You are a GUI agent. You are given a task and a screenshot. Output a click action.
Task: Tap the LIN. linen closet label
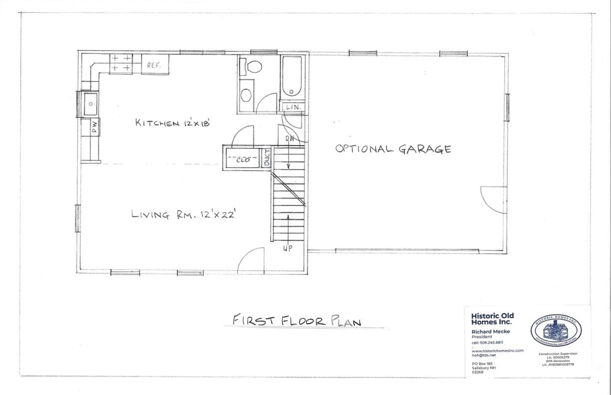click(293, 107)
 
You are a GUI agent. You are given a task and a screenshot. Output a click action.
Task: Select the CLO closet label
click(243, 160)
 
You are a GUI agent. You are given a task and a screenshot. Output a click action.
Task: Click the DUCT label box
click(267, 159)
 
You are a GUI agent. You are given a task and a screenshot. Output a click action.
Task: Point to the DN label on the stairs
click(289, 139)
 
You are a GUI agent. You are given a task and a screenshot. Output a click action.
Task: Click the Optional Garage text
click(393, 149)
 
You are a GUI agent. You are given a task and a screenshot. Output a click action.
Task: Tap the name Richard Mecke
click(489, 331)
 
